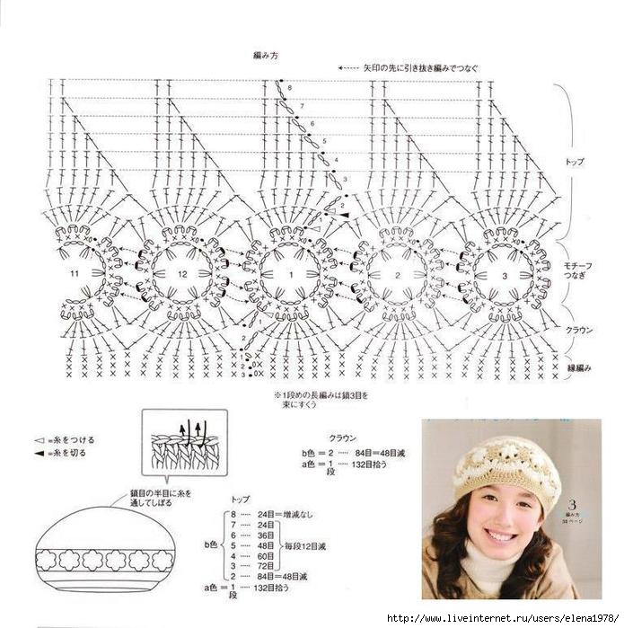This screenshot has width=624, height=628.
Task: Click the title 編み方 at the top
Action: (267, 56)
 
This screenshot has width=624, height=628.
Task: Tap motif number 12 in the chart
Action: (182, 273)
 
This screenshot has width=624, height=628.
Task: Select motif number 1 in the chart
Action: (290, 273)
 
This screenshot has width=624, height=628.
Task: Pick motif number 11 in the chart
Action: (75, 272)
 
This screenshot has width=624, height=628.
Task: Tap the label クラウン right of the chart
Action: (578, 331)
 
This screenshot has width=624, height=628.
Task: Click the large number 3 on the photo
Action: (570, 505)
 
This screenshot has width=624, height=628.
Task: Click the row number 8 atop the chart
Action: (290, 88)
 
